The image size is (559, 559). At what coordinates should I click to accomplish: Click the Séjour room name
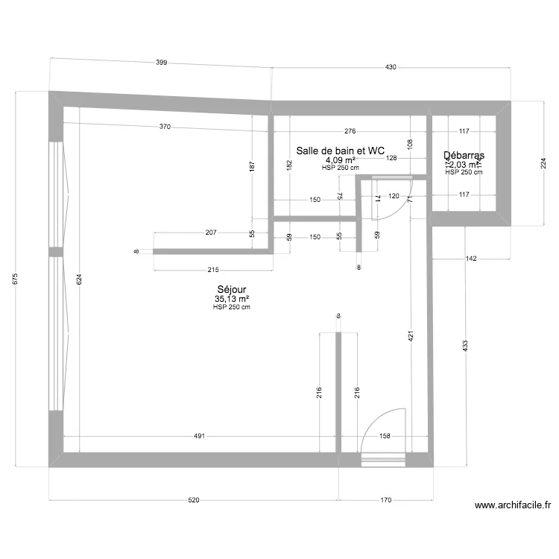pyautogui.click(x=232, y=290)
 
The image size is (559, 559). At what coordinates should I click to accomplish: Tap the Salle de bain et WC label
pyautogui.click(x=340, y=151)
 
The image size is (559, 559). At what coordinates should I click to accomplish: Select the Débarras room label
pyautogui.click(x=464, y=156)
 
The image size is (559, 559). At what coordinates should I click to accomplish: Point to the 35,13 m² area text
pyautogui.click(x=232, y=299)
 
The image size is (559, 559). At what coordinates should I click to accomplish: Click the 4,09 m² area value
pyautogui.click(x=340, y=160)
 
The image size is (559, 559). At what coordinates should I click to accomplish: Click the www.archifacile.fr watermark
pyautogui.click(x=514, y=505)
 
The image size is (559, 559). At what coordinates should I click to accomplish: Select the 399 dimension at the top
pyautogui.click(x=161, y=63)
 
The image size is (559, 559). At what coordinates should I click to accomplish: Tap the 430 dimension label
pyautogui.click(x=391, y=68)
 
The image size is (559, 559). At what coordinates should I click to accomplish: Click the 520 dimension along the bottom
pyautogui.click(x=193, y=501)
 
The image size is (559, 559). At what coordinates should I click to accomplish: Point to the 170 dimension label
pyautogui.click(x=385, y=501)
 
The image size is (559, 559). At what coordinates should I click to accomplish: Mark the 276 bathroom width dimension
pyautogui.click(x=350, y=131)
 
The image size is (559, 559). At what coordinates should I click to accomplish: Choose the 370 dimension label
pyautogui.click(x=165, y=127)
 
